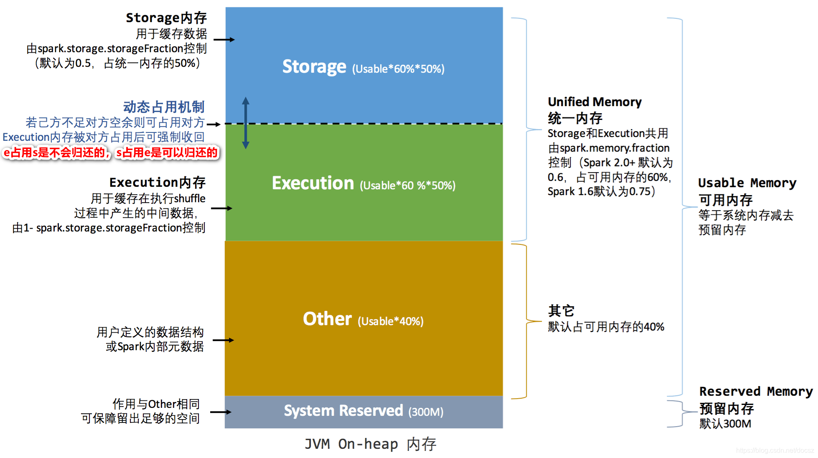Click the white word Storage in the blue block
314,67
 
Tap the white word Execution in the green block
313,183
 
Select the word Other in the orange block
327,319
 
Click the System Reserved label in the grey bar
343,411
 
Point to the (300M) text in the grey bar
426,412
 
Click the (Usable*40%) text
391,321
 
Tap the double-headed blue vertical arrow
246,123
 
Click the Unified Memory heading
594,102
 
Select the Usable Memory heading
747,183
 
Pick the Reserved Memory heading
756,392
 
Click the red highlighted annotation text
111,153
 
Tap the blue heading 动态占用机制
164,107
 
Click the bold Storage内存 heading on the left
166,18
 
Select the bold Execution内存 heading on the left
158,183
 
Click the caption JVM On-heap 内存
370,444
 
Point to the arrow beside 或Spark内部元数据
223,340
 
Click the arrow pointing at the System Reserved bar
221,412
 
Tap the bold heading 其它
561,311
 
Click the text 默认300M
725,424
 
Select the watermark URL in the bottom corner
775,450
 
